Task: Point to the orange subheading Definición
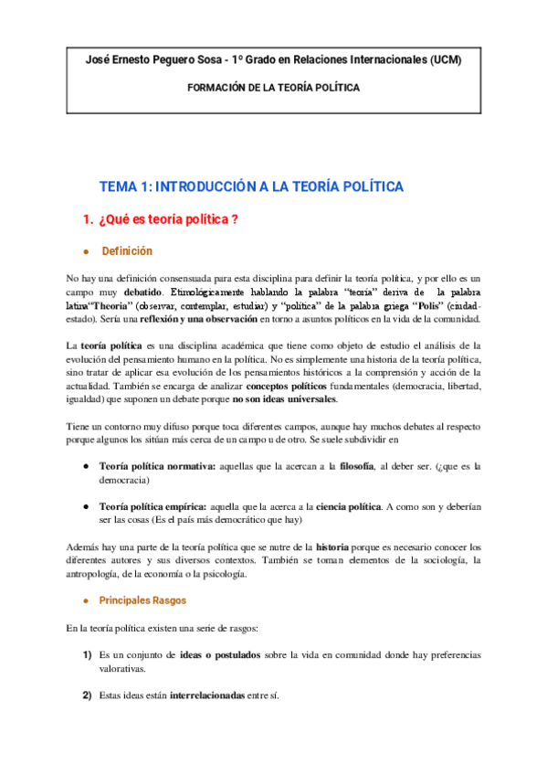[x=127, y=251]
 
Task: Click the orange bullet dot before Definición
[x=85, y=252]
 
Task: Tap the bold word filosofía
[x=355, y=466]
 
